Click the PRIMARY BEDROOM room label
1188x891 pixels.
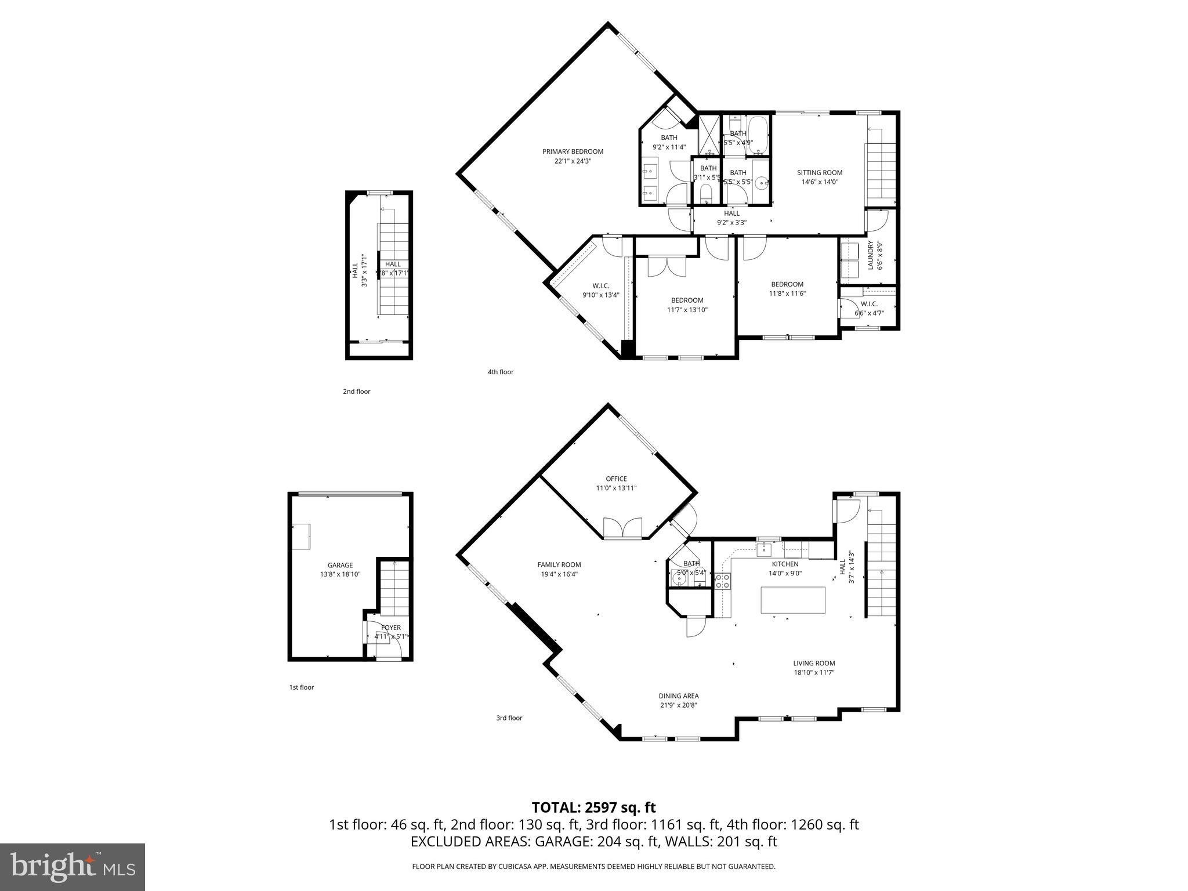573,152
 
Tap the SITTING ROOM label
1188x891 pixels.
820,172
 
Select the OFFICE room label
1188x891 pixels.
616,479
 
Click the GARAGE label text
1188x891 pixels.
340,565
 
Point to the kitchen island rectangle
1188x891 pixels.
793,600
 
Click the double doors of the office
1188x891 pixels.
622,528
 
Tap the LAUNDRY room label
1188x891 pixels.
870,256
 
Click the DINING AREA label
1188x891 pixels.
678,696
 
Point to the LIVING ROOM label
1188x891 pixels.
814,663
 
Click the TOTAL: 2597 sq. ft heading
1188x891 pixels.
593,807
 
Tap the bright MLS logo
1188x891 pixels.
73,867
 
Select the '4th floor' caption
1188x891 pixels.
500,372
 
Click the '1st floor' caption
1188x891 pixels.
302,687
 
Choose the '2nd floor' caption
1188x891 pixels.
356,392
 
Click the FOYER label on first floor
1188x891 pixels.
390,628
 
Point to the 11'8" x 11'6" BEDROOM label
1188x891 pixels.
787,284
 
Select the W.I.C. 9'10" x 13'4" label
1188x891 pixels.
600,285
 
